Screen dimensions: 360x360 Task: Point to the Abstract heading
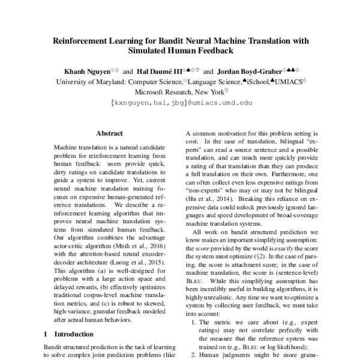[x=109, y=133]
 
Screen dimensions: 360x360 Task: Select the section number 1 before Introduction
[x=46, y=333]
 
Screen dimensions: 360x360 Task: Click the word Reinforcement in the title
[x=82, y=41]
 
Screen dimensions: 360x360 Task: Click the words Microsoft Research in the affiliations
[x=170, y=92]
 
